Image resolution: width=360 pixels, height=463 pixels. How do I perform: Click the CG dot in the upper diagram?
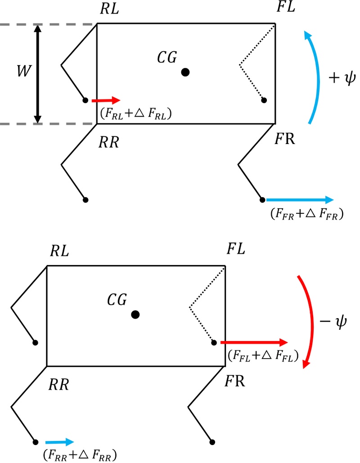click(184, 72)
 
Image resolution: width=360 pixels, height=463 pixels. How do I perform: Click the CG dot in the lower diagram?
click(135, 315)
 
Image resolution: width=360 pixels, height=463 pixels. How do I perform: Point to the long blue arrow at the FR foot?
click(299, 200)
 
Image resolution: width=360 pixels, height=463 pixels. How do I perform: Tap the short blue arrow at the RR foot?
click(58, 442)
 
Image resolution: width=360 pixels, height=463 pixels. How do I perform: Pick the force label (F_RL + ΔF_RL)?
click(135, 115)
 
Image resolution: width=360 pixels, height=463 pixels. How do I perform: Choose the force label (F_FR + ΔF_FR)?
click(305, 215)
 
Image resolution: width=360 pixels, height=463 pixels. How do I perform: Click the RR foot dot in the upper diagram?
click(85, 199)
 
